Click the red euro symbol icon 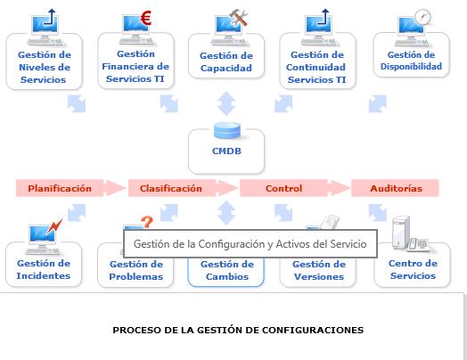pos(146,18)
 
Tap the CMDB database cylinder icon pos(227,130)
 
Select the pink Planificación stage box pos(60,188)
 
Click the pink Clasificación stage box pos(171,188)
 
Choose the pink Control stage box pos(283,188)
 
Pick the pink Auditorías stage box pos(395,188)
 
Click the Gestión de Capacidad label pos(226,61)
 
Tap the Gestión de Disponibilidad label pos(411,61)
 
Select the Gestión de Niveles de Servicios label pos(45,67)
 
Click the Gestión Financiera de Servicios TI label pos(135,66)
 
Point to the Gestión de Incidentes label pos(44,269)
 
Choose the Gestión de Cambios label pos(227,270)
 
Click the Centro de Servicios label pos(413,269)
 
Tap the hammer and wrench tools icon pos(239,18)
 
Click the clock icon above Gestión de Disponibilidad pos(422,17)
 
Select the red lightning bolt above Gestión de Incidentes pos(54,226)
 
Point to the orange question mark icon pos(147,222)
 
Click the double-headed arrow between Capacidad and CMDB pos(226,103)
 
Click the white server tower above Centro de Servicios pos(401,233)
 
